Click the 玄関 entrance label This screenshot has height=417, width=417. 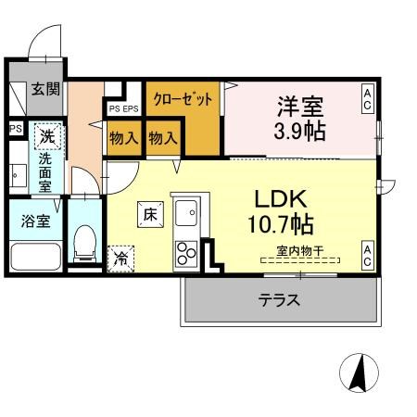[x=44, y=90]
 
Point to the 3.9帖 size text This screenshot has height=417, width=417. [x=298, y=131]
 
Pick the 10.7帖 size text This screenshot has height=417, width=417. [x=280, y=224]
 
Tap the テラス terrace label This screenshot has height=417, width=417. [x=279, y=300]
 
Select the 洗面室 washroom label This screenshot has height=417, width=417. [x=44, y=171]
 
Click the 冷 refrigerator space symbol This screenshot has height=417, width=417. [x=121, y=259]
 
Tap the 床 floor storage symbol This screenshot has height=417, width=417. [x=150, y=214]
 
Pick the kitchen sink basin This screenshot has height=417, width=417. [x=186, y=214]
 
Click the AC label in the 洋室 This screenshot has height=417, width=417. [x=368, y=99]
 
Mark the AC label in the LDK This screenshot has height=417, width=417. [x=368, y=255]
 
